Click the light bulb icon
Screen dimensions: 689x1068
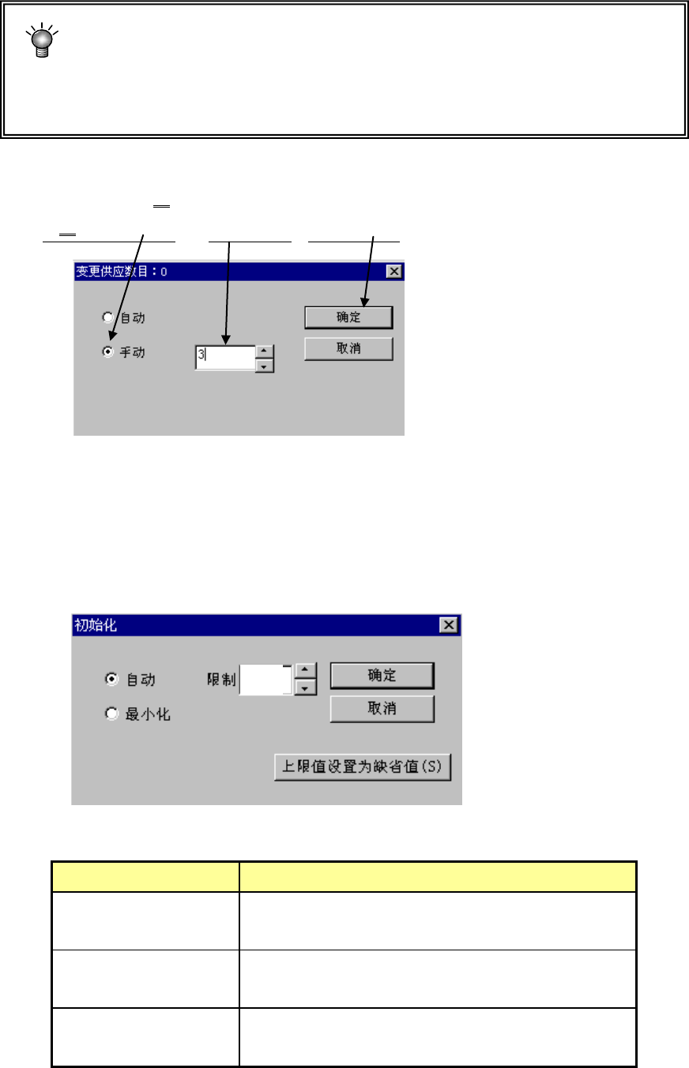tap(42, 42)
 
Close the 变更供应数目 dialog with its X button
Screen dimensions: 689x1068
tap(393, 272)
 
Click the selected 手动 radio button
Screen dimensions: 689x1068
tap(108, 353)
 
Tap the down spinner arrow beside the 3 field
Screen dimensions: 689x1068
tap(265, 365)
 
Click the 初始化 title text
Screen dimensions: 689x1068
tap(96, 625)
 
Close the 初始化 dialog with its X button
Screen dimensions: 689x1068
tap(449, 625)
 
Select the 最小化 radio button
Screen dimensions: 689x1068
tap(112, 714)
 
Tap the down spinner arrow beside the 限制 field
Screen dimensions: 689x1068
tap(305, 688)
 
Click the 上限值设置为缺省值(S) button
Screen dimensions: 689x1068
tap(362, 766)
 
